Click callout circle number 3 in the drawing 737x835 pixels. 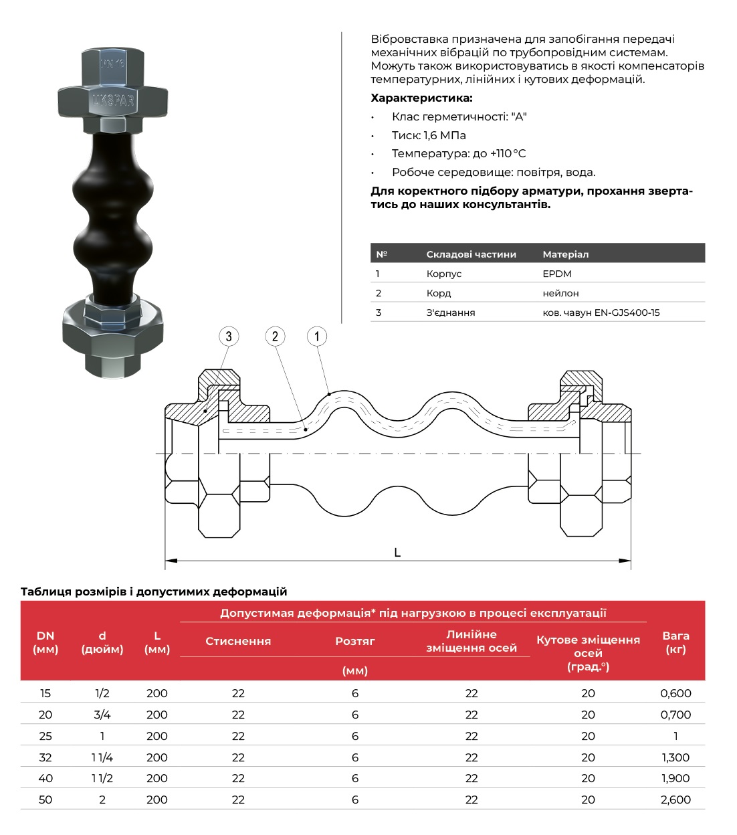229,337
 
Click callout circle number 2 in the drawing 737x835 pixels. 275,337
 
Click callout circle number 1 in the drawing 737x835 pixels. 317,336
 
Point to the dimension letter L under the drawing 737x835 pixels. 397,553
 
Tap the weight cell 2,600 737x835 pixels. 675,800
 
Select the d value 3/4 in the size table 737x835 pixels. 102,715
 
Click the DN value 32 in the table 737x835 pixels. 45,757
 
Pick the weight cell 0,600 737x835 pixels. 675,693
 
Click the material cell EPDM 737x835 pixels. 557,274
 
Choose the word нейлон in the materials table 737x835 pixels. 560,293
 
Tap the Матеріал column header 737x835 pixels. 565,254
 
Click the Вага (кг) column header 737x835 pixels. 675,642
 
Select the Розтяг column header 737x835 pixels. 355,641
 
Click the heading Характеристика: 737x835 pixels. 421,98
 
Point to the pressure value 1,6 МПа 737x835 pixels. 445,135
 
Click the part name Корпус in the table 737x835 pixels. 444,274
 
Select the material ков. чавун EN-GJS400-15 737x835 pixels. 601,312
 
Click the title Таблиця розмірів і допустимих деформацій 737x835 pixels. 154,591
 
